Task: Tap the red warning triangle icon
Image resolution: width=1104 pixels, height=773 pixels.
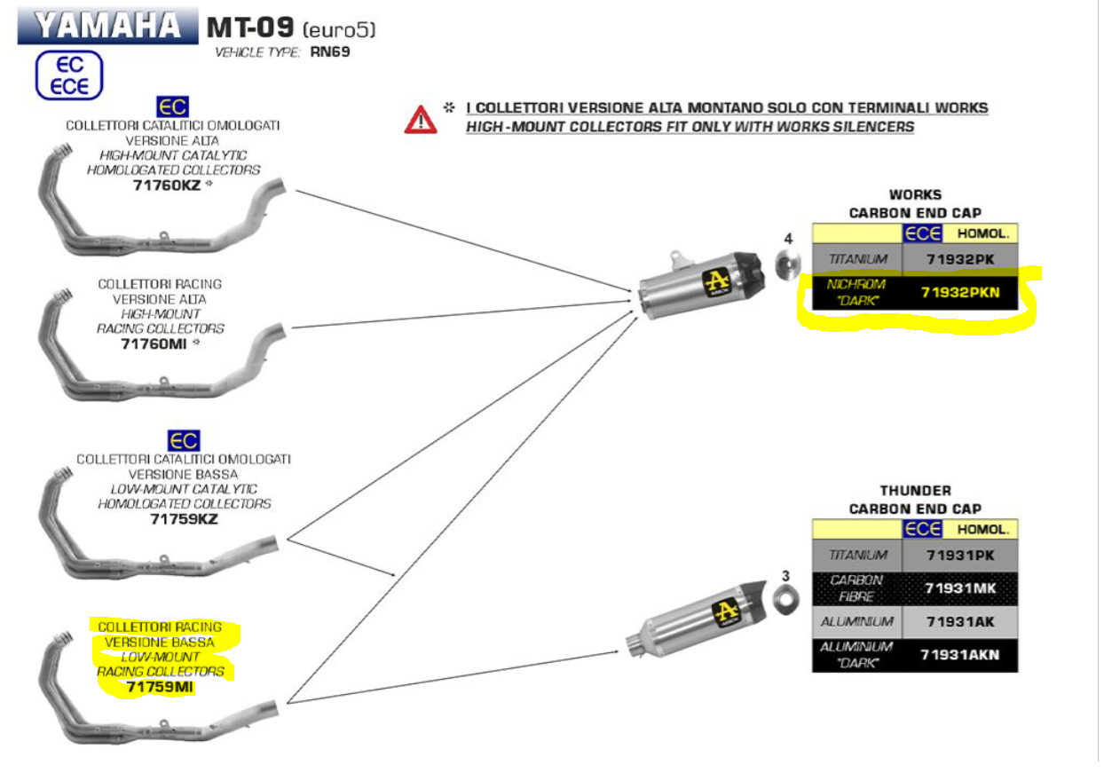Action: click(420, 118)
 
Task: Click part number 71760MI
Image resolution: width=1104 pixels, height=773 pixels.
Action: click(153, 343)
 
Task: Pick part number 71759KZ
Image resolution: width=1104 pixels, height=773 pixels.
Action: click(184, 518)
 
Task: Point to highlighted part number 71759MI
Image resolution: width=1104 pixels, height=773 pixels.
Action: click(160, 687)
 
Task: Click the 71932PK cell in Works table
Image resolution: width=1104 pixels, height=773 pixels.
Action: click(959, 259)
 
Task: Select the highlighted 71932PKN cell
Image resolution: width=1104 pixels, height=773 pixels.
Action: click(959, 291)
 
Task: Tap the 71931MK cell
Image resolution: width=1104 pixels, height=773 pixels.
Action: click(959, 588)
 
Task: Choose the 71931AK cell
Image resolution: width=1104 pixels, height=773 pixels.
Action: click(959, 622)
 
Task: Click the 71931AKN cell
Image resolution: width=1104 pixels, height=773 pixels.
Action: click(959, 655)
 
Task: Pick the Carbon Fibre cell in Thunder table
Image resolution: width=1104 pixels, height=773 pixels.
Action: click(856, 588)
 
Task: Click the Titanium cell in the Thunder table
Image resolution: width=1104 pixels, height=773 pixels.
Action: click(856, 555)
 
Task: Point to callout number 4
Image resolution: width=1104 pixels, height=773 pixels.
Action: click(786, 239)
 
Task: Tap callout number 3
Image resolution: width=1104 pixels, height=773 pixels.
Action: click(785, 576)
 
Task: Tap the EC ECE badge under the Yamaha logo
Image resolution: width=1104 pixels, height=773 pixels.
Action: click(69, 75)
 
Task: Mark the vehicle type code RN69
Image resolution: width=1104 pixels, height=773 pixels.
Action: click(329, 52)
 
